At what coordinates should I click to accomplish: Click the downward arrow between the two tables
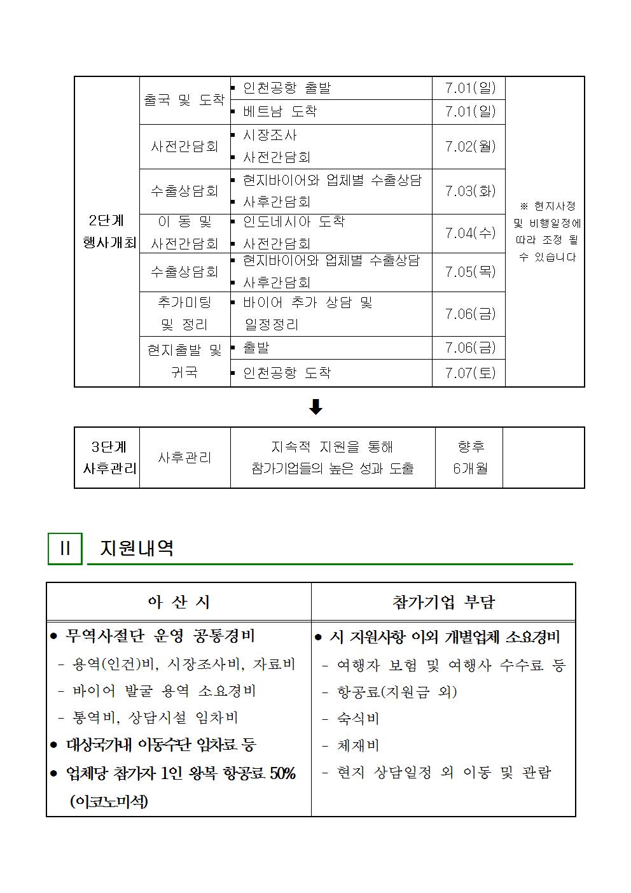point(315,407)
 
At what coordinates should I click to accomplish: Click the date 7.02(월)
point(469,146)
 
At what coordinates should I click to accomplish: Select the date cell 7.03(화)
point(469,191)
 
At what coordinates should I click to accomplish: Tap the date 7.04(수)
point(469,233)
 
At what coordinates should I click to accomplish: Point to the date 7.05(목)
point(469,272)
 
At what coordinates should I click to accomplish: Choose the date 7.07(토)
point(469,372)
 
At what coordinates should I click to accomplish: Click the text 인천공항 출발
point(287,88)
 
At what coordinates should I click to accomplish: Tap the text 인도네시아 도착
point(294,221)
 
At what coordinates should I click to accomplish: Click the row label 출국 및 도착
point(184,100)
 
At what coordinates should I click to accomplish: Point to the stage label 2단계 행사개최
point(107,232)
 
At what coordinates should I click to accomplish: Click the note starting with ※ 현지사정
point(546,232)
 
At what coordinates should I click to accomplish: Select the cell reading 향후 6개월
point(470,458)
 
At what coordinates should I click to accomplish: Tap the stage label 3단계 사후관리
point(108,458)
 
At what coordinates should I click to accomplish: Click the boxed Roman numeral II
point(65,549)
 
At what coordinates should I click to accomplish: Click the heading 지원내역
point(137,549)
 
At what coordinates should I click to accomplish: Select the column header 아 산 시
point(179,601)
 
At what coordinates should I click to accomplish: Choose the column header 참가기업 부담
point(443,601)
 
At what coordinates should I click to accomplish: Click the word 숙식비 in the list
point(358,719)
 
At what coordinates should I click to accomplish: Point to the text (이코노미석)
point(109,801)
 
